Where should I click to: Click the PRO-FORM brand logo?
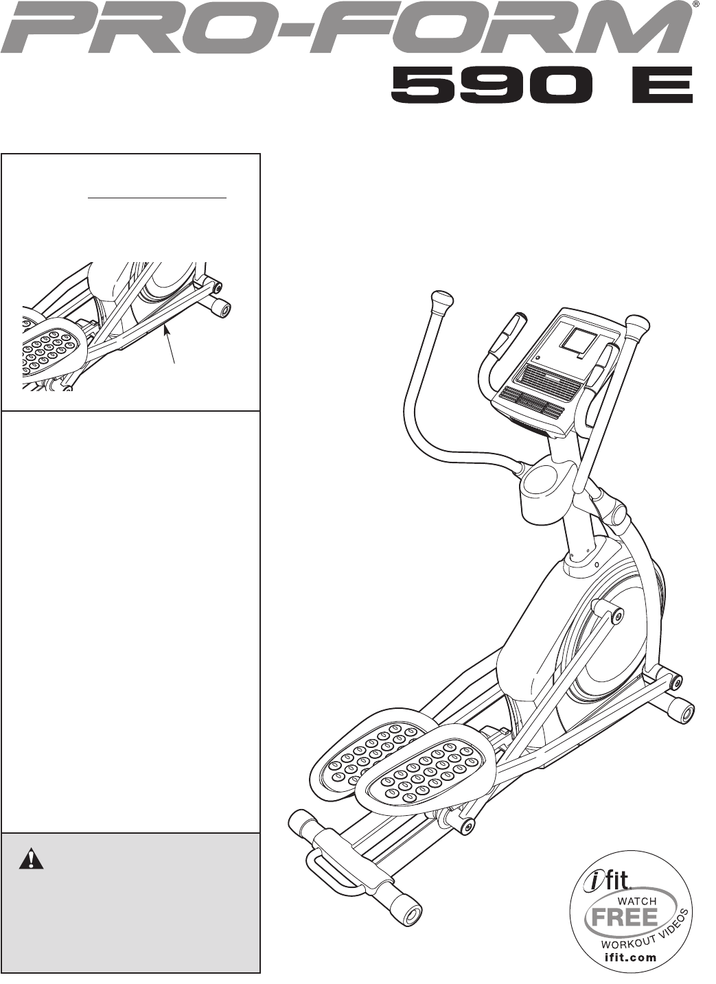[x=347, y=29]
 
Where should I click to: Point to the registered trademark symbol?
[x=695, y=4]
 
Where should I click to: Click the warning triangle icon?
[x=31, y=860]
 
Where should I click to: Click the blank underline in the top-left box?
[x=158, y=198]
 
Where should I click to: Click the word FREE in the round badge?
[x=624, y=917]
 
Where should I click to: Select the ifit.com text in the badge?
[x=630, y=957]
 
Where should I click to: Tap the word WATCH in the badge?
[x=637, y=900]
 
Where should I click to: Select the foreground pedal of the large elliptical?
[x=426, y=764]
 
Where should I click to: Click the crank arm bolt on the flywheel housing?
[x=617, y=616]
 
